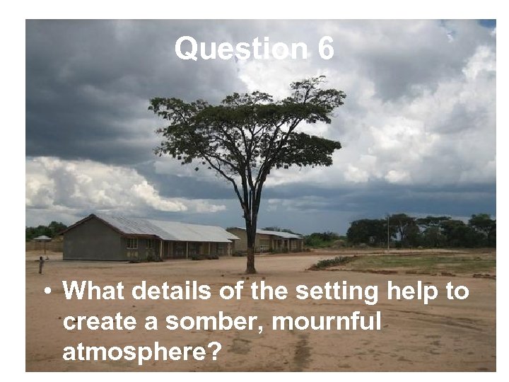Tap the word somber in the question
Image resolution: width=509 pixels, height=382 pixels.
(212, 322)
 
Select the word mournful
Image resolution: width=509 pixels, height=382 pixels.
(327, 322)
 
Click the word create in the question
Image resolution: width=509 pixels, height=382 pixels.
(100, 322)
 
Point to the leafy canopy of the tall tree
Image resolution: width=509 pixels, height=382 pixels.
(247, 127)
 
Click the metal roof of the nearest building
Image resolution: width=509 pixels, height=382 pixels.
(170, 228)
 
